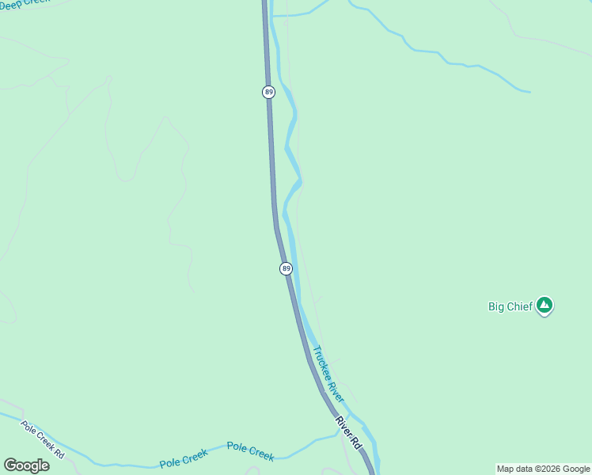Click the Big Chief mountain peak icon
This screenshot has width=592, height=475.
pyautogui.click(x=544, y=305)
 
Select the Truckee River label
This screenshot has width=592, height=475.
pyautogui.click(x=328, y=374)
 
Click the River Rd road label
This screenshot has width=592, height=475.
pyautogui.click(x=348, y=433)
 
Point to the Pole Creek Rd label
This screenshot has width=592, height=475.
pyautogui.click(x=43, y=439)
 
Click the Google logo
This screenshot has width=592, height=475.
pyautogui.click(x=26, y=465)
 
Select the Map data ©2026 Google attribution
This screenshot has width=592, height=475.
pyautogui.click(x=543, y=469)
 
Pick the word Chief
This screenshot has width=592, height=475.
pyautogui.click(x=518, y=306)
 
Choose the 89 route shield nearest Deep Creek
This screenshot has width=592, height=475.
pyautogui.click(x=269, y=93)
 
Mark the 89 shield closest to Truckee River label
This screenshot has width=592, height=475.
pyautogui.click(x=286, y=269)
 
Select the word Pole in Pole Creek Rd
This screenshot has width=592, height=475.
pyautogui.click(x=30, y=428)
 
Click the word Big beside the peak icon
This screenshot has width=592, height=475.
pyautogui.click(x=495, y=306)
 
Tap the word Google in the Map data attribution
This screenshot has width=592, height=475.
pyautogui.click(x=576, y=469)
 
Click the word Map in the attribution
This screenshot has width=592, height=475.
pyautogui.click(x=505, y=469)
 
